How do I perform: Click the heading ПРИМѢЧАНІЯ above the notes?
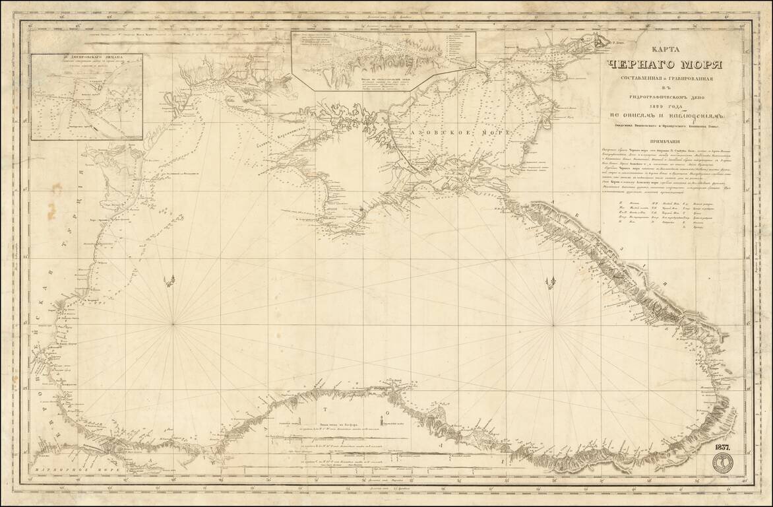(x=669, y=142)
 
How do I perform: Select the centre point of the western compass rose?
(x=173, y=323)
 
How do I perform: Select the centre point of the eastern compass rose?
(x=553, y=325)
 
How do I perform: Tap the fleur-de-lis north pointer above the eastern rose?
(x=549, y=283)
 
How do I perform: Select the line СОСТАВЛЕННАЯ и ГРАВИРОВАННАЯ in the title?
(x=668, y=80)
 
